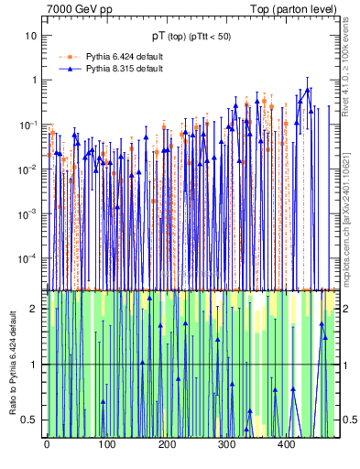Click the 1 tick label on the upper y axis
pyautogui.click(x=34, y=81)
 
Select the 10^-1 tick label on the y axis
pyautogui.click(x=28, y=125)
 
